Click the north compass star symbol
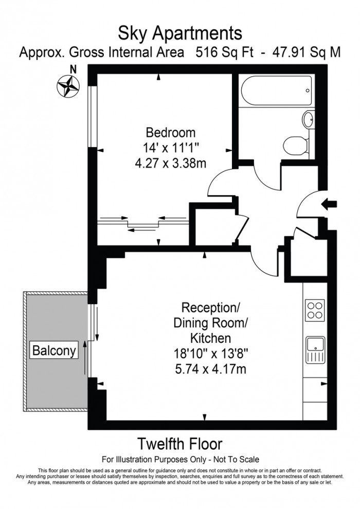[68, 85]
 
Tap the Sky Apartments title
[180, 34]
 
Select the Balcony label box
[54, 351]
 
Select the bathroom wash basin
[308, 120]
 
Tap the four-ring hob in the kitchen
[315, 310]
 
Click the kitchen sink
[315, 349]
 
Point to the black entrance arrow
[329, 204]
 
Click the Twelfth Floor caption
[179, 443]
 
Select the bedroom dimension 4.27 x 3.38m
[170, 160]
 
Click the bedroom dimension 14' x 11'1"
[170, 146]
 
